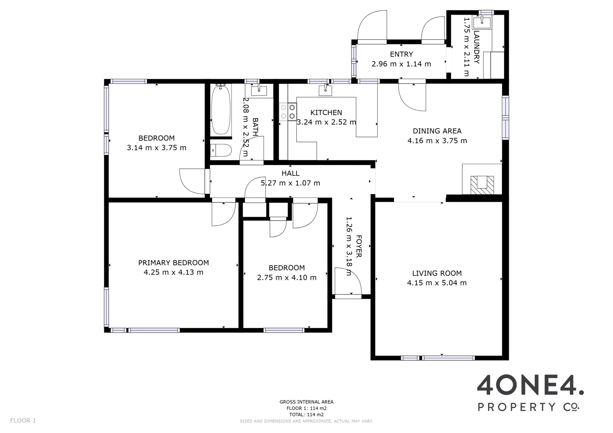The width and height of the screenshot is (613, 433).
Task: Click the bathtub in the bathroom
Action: [221, 109]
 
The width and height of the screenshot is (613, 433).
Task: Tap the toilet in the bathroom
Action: [221, 150]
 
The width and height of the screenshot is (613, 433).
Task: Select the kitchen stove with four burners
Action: [288, 112]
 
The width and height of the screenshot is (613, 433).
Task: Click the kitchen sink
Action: [325, 91]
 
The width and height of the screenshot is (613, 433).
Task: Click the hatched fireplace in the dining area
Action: [482, 185]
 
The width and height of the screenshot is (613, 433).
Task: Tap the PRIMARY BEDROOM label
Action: [173, 263]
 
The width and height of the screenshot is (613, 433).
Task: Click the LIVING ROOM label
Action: [437, 273]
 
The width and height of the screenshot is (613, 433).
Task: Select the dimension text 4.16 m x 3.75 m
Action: [437, 141]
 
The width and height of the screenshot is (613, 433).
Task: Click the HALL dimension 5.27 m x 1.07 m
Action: [290, 183]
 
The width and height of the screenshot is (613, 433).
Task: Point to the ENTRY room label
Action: [401, 54]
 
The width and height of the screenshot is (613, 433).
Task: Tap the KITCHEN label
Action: [326, 113]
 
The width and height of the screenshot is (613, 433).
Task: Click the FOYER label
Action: [359, 246]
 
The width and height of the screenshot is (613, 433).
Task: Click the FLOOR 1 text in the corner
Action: [23, 421]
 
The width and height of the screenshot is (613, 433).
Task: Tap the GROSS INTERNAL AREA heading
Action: [306, 402]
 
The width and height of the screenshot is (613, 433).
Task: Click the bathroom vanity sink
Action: [259, 91]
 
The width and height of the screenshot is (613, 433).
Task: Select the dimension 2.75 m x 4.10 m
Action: [287, 278]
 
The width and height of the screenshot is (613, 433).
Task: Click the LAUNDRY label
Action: [476, 47]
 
